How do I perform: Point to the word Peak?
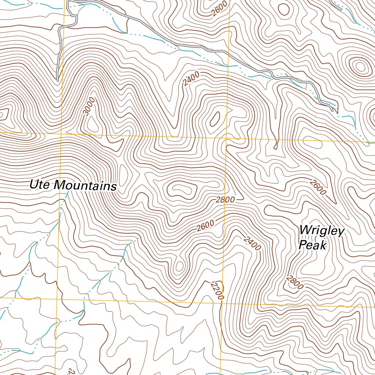click(312, 245)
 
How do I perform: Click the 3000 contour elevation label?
click(89, 107)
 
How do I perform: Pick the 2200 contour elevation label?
click(217, 291)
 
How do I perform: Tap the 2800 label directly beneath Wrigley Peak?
click(295, 283)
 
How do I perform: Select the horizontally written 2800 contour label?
click(225, 200)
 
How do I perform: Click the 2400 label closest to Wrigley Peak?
click(252, 244)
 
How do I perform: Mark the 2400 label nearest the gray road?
click(192, 79)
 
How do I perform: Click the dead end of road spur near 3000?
click(58, 79)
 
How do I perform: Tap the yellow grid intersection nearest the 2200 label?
click(222, 303)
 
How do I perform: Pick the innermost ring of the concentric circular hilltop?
click(360, 67)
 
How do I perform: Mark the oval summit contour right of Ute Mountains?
click(179, 189)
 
